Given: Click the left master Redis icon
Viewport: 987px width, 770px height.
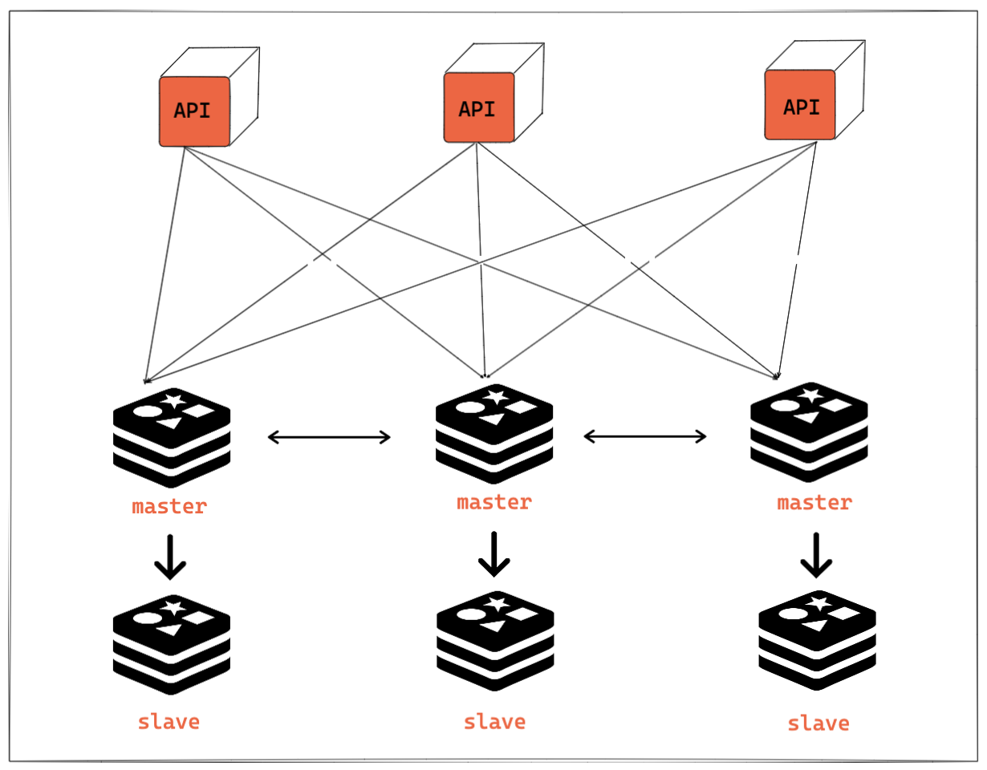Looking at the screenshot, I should [x=172, y=437].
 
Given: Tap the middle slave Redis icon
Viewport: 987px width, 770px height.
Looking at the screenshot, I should [x=495, y=642].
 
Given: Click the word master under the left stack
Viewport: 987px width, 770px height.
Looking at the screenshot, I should [x=169, y=507].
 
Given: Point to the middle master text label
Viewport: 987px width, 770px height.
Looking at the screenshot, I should [x=494, y=503].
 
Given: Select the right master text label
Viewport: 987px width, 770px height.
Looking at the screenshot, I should [x=814, y=503].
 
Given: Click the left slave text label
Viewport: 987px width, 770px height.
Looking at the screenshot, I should [x=169, y=721].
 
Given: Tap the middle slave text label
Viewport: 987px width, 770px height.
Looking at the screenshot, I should [x=494, y=721].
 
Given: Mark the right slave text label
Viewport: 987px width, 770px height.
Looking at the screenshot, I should [x=818, y=723].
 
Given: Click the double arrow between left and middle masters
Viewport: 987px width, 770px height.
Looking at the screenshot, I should [x=329, y=437].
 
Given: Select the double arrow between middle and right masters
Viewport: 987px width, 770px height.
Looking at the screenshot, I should [x=645, y=436].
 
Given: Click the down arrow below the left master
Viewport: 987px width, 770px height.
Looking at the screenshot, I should [x=170, y=555].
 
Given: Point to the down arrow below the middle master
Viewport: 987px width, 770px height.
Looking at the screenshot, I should [x=494, y=553].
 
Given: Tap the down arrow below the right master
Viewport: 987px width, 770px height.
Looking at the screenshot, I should [x=816, y=555].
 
